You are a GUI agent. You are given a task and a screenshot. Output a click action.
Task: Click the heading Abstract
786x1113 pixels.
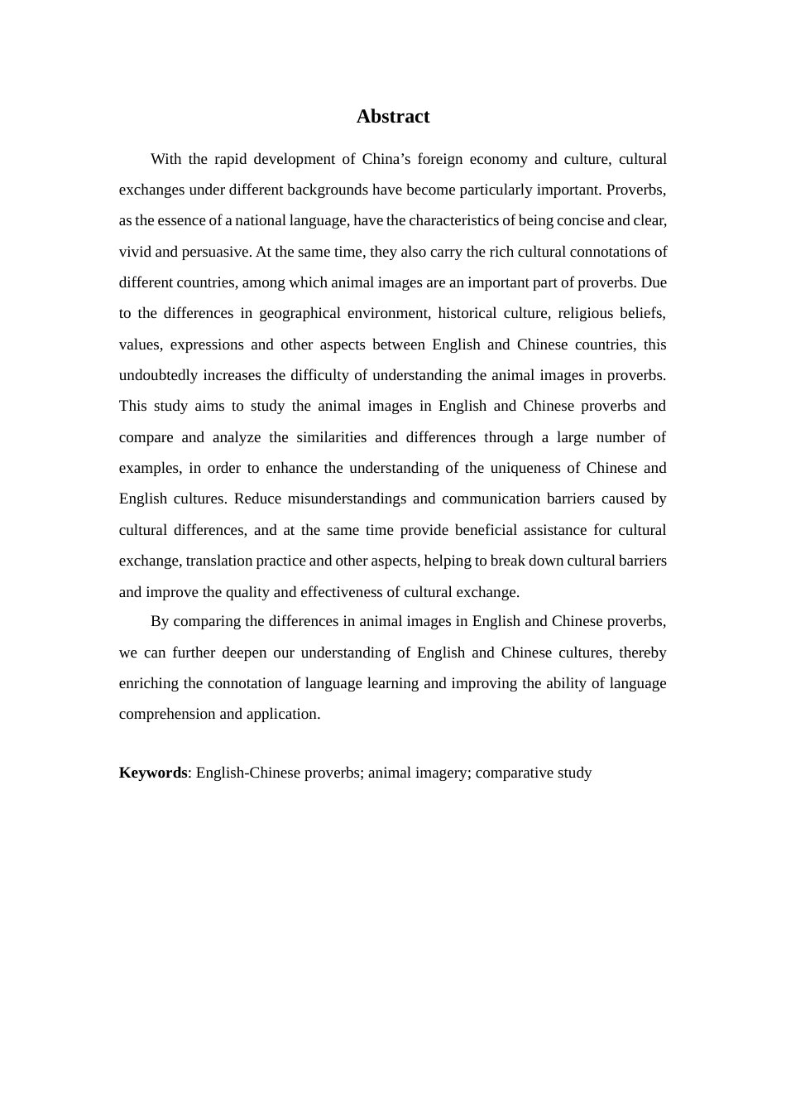click(392, 117)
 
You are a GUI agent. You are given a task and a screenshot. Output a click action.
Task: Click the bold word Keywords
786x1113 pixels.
click(153, 773)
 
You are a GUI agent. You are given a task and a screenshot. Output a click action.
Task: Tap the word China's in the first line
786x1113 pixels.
click(386, 159)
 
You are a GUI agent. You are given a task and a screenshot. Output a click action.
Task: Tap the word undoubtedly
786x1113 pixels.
click(158, 375)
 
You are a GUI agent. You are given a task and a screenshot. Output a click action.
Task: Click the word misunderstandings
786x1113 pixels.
click(347, 499)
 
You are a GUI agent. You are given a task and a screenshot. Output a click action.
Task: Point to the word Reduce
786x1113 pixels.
click(257, 499)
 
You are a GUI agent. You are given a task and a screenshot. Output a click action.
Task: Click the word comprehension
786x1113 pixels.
click(166, 714)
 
